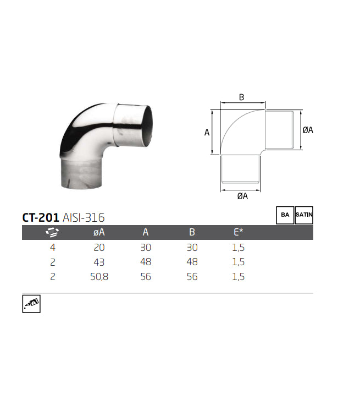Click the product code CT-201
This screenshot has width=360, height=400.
41,217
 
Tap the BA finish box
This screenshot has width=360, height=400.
285,215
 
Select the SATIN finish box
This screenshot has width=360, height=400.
304,215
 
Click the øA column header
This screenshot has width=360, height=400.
99,233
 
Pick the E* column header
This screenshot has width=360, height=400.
238,233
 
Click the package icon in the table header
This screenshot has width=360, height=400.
52,233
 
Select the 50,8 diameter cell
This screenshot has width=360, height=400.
99,277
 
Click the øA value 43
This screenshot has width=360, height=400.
99,262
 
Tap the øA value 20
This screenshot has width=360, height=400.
99,248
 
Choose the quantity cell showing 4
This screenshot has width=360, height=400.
52,248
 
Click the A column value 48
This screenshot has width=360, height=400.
145,262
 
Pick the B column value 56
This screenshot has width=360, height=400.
192,277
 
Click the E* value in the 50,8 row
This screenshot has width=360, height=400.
238,277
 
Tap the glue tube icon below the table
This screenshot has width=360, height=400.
31,304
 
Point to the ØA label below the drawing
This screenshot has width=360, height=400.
242,196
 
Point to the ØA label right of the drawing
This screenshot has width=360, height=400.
308,130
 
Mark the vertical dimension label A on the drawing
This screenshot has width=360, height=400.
207,132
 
